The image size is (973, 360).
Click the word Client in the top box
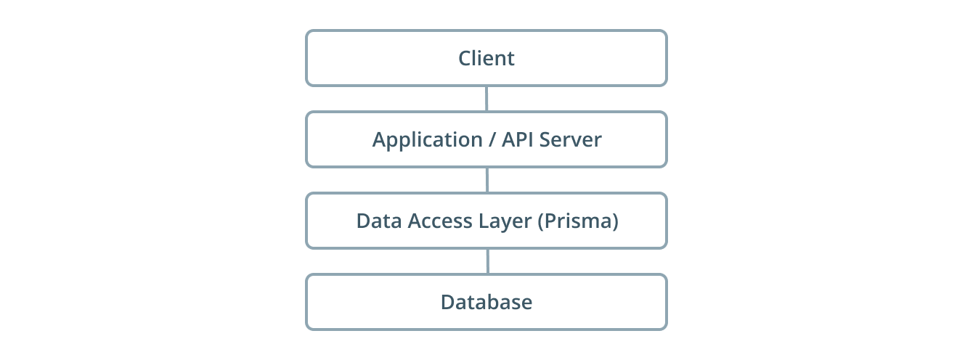pyautogui.click(x=486, y=58)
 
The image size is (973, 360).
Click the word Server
pyautogui.click(x=571, y=139)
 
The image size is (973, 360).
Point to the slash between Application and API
pyautogui.click(x=489, y=140)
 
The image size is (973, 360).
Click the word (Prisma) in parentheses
pyautogui.click(x=578, y=221)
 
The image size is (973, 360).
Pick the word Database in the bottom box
pyautogui.click(x=486, y=302)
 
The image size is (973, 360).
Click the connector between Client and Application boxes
pyautogui.click(x=486, y=99)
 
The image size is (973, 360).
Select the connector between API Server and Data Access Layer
pyautogui.click(x=486, y=180)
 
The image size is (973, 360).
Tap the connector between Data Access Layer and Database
pyautogui.click(x=486, y=261)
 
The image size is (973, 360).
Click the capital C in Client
pyautogui.click(x=465, y=58)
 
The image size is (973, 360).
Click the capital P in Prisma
pyautogui.click(x=548, y=221)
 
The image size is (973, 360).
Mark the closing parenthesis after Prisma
pyautogui.click(x=615, y=221)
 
